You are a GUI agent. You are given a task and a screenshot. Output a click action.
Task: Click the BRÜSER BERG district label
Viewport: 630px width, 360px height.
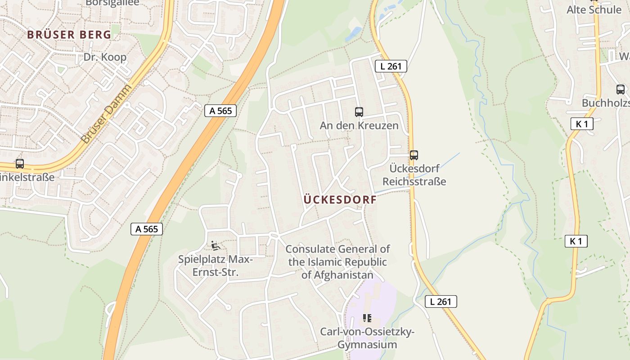69,35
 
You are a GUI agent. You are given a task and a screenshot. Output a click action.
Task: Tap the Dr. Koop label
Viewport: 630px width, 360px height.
105,57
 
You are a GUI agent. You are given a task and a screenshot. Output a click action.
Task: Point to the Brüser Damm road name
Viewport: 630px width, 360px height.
107,114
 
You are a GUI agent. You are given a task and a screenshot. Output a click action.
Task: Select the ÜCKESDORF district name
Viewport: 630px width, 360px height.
340,200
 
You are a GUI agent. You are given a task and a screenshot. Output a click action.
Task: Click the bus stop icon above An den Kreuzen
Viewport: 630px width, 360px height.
359,112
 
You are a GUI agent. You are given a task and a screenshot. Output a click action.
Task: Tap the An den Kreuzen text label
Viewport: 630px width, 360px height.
359,126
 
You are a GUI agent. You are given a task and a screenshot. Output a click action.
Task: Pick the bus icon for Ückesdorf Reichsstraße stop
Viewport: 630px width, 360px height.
414,155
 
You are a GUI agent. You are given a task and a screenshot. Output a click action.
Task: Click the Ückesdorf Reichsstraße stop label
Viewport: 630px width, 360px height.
414,175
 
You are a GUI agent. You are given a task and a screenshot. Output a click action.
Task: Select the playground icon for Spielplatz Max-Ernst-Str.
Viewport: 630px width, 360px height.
216,246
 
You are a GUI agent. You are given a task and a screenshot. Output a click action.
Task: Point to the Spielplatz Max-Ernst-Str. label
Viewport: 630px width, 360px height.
216,266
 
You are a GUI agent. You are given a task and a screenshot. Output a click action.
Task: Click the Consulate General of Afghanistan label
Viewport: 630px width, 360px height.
337,262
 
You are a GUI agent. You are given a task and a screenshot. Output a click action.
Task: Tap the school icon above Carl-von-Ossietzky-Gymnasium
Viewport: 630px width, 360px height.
367,319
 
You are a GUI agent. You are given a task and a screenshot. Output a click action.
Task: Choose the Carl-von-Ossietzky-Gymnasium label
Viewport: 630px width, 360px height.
367,338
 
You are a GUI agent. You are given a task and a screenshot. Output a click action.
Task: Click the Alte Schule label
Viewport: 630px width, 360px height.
594,9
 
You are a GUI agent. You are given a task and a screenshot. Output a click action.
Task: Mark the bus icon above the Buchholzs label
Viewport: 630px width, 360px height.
620,90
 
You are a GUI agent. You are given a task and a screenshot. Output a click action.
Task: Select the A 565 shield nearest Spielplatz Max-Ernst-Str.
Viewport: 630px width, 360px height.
147,229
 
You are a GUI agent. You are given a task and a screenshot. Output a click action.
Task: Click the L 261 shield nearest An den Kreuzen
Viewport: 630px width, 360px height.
391,67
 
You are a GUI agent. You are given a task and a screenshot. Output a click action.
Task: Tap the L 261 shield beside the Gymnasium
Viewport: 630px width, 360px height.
441,301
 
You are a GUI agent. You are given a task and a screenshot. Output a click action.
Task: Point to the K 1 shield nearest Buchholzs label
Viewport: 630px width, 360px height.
581,124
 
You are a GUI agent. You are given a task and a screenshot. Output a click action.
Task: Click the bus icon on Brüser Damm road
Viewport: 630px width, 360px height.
19,164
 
